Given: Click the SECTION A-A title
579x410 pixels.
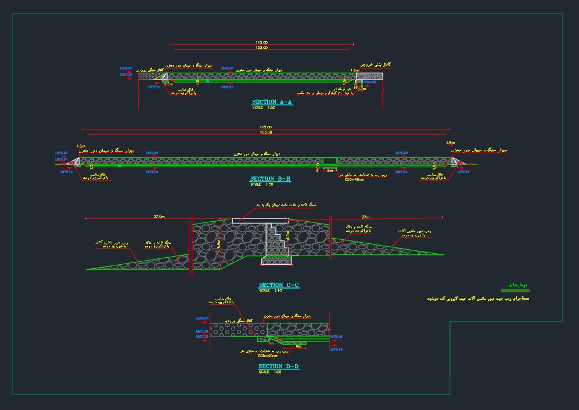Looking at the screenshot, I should point(272,102).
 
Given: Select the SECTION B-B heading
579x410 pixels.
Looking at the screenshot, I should point(271,179).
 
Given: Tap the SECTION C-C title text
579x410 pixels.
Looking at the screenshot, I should point(279,285).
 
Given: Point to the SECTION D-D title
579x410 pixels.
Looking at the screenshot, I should point(279,366).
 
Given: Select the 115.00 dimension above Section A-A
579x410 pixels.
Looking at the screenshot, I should point(262,43).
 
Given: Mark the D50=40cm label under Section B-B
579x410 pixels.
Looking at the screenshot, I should point(355,179).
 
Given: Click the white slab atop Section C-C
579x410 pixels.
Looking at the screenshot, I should point(260,221).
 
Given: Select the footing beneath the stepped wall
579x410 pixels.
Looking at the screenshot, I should point(276,260).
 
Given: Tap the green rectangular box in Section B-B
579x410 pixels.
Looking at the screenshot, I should point(329,160).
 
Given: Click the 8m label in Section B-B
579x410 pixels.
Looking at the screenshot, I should point(330,170).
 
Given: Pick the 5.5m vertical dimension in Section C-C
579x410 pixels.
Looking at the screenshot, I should point(218,244).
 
